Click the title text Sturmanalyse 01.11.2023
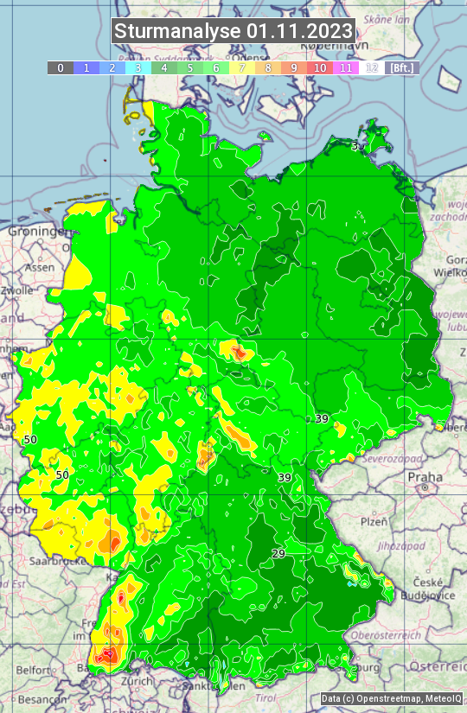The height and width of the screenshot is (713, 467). (233, 31)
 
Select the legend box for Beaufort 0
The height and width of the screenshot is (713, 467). (60, 67)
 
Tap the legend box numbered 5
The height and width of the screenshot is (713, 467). (190, 67)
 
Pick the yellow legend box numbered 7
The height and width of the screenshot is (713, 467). (242, 67)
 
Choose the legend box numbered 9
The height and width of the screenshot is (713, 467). (294, 67)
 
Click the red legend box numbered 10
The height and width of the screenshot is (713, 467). (320, 67)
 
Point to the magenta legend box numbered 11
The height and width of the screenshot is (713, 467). (346, 67)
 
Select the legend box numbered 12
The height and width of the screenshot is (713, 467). (372, 67)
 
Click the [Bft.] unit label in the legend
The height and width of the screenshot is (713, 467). (401, 67)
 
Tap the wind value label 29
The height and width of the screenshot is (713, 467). (278, 553)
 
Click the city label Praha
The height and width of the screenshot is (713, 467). (425, 477)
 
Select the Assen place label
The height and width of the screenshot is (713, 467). (40, 268)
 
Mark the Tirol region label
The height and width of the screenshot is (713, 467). (265, 697)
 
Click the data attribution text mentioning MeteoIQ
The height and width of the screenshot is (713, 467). (391, 698)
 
